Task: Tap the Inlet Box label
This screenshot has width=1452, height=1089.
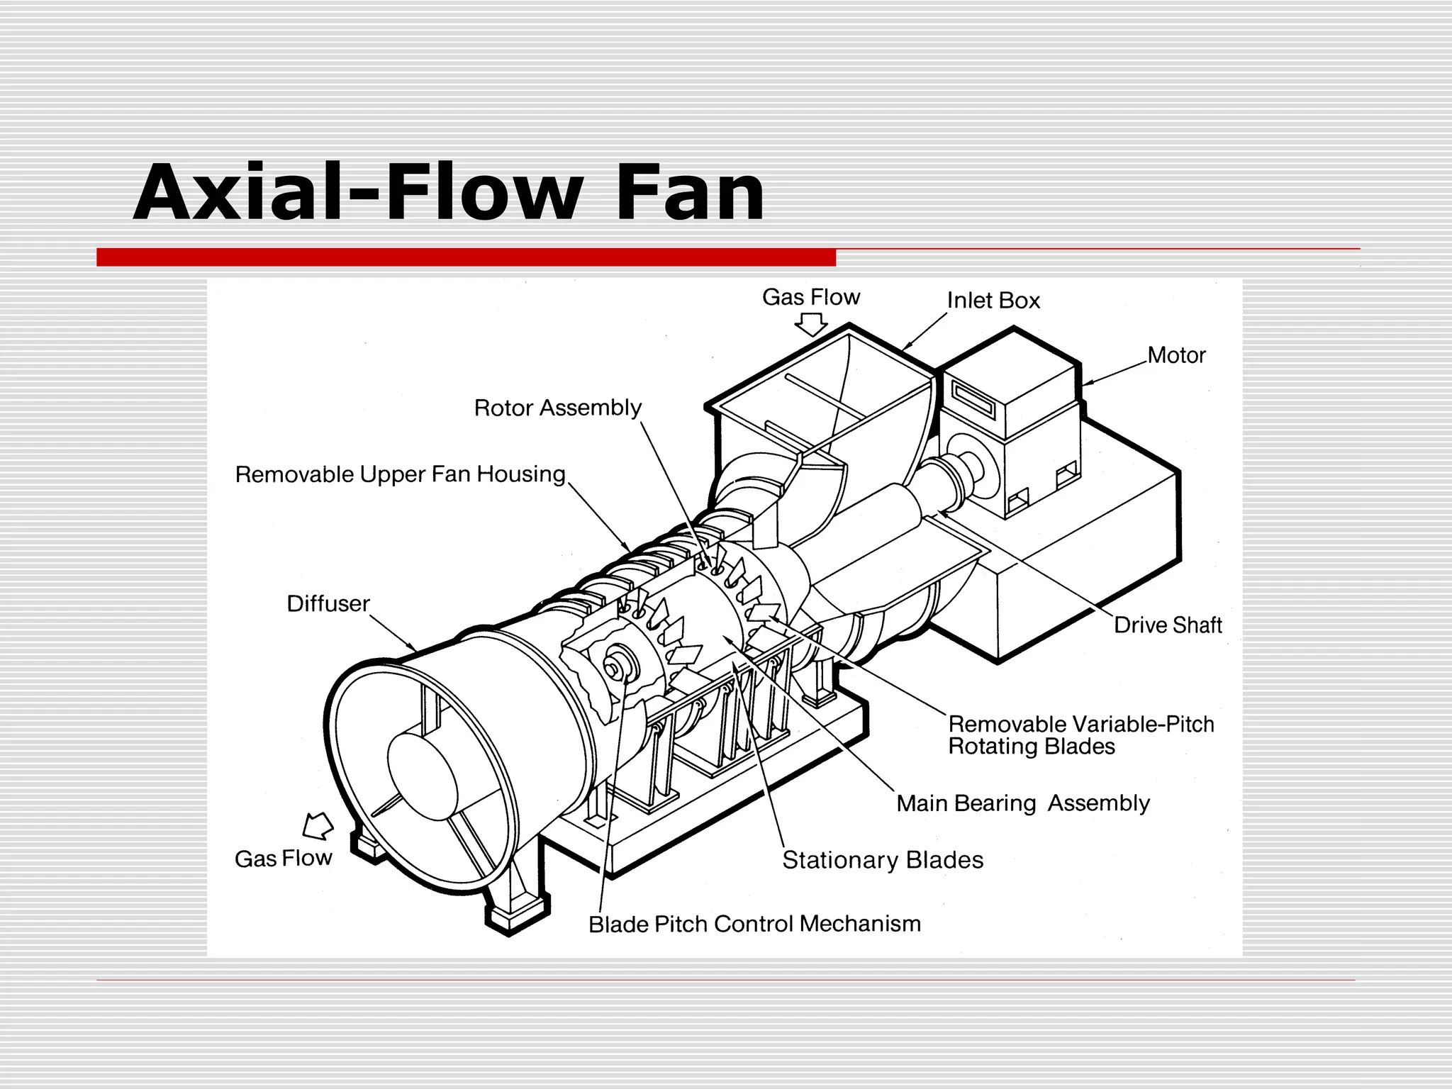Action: point(993,301)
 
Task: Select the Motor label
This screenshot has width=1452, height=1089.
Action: point(1175,355)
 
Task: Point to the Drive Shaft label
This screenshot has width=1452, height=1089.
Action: point(1167,625)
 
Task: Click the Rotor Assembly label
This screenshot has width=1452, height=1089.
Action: point(557,408)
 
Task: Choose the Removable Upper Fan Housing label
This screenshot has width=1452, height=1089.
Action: point(400,474)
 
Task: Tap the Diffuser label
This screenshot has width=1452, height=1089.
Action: point(328,603)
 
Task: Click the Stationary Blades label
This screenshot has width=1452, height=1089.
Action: point(882,860)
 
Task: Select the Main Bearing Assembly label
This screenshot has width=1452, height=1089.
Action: point(1022,803)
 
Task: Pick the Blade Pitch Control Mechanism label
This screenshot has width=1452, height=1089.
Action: point(754,924)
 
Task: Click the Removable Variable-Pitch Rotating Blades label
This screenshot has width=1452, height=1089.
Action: point(1080,735)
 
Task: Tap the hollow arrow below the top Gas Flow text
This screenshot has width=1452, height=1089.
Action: point(810,325)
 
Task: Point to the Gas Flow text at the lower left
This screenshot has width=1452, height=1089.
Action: point(283,859)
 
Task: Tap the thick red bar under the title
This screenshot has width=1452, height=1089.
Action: point(466,257)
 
